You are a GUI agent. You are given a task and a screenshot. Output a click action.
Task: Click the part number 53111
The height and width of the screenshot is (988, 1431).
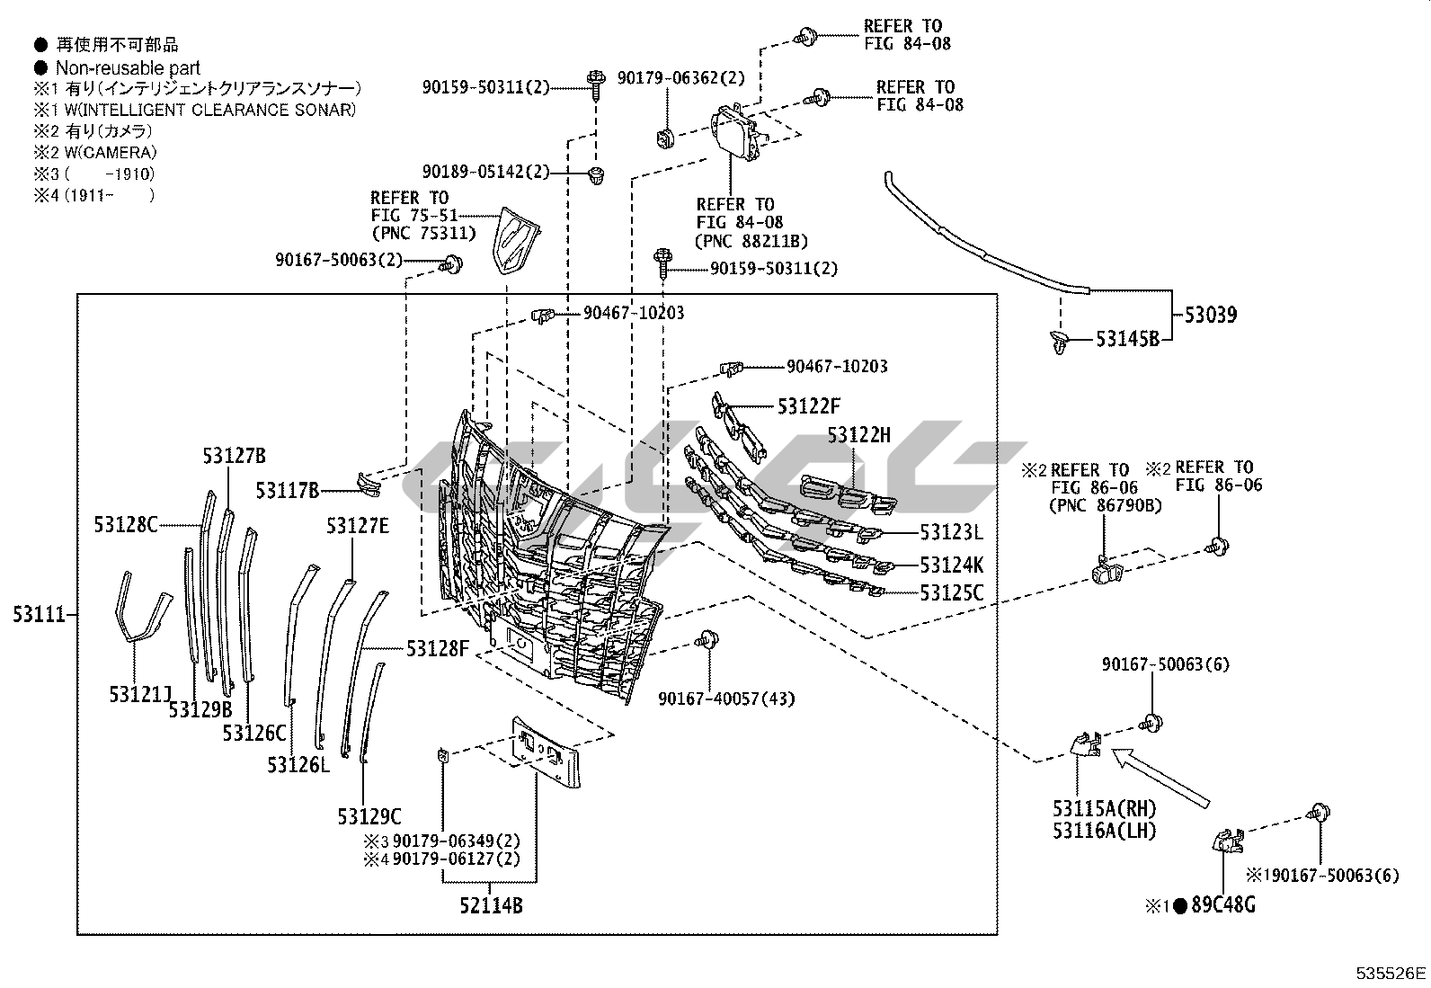(x=40, y=615)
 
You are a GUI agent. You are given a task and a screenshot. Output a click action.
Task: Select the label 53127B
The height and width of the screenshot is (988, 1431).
(x=234, y=456)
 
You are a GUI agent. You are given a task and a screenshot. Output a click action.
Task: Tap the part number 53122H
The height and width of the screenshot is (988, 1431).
(x=858, y=435)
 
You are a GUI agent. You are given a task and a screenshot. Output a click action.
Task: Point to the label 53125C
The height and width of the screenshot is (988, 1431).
(x=951, y=593)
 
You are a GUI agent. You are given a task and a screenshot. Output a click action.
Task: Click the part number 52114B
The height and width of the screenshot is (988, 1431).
(x=491, y=905)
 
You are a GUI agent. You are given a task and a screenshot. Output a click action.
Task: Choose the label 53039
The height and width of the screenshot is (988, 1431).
(x=1210, y=315)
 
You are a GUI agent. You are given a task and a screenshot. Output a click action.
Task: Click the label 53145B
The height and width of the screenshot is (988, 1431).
(x=1127, y=339)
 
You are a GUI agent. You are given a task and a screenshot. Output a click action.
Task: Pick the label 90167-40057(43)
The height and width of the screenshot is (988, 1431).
(x=726, y=699)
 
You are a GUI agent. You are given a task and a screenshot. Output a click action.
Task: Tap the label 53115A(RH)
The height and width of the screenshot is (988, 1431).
(x=1104, y=808)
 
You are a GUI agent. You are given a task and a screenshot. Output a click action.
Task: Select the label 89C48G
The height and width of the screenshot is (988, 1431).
(x=1222, y=905)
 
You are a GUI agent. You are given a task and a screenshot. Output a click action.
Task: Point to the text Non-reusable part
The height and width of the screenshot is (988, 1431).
(x=128, y=68)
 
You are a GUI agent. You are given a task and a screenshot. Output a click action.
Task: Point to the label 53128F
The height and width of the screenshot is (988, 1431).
(x=438, y=648)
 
